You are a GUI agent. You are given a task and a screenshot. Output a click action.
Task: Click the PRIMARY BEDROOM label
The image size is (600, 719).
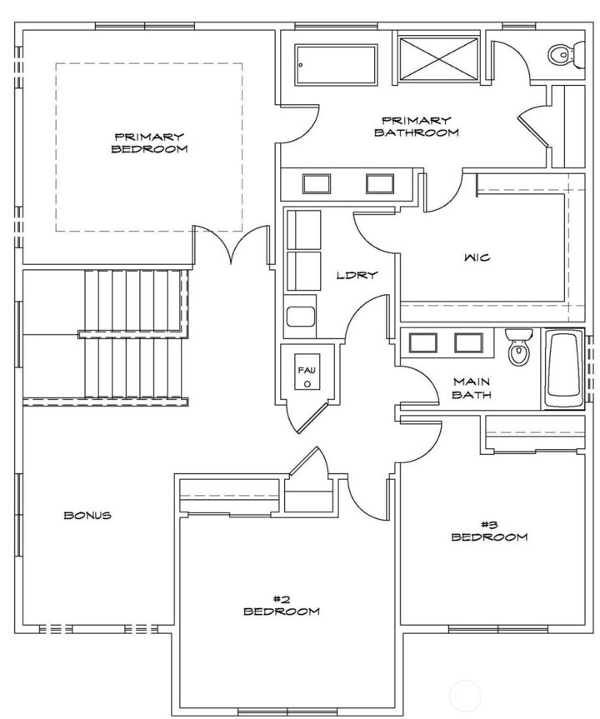(x=149, y=142)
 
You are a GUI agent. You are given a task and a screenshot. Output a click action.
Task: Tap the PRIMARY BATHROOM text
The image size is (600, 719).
(x=416, y=126)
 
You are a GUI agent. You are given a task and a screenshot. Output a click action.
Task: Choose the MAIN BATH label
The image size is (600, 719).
(x=471, y=388)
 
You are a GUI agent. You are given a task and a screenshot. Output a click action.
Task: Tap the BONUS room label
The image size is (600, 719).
(x=87, y=515)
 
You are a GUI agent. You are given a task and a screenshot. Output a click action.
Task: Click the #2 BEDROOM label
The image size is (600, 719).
(x=281, y=605)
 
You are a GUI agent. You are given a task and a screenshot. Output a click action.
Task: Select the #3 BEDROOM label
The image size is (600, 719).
(x=489, y=531)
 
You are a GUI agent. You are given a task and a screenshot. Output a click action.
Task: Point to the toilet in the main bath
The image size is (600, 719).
(x=518, y=347)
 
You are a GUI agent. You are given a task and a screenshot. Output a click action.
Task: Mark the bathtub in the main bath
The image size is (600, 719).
(x=565, y=368)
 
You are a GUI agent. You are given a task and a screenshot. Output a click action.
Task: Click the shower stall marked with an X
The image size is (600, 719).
(x=438, y=58)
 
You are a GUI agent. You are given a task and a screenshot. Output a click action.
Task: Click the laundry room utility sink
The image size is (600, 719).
(x=299, y=317)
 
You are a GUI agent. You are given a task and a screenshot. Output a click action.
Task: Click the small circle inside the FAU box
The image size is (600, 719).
(x=307, y=385)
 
